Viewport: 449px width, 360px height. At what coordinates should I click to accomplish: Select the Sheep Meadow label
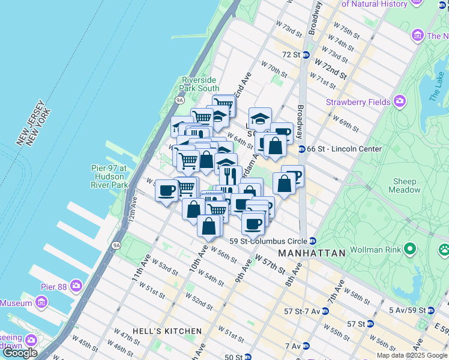405,185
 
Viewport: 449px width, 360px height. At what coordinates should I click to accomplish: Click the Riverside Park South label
200,84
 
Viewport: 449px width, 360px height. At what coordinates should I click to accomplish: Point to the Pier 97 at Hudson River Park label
109,177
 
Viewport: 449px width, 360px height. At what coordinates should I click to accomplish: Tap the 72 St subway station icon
306,55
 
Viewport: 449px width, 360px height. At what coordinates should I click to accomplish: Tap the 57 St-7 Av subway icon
325,311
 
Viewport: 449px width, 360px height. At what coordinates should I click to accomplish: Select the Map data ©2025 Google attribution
412,355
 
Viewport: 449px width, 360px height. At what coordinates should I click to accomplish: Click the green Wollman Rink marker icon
411,248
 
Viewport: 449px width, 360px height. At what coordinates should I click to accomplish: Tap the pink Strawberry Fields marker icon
399,102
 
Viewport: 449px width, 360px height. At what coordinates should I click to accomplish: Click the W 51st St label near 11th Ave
154,293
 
